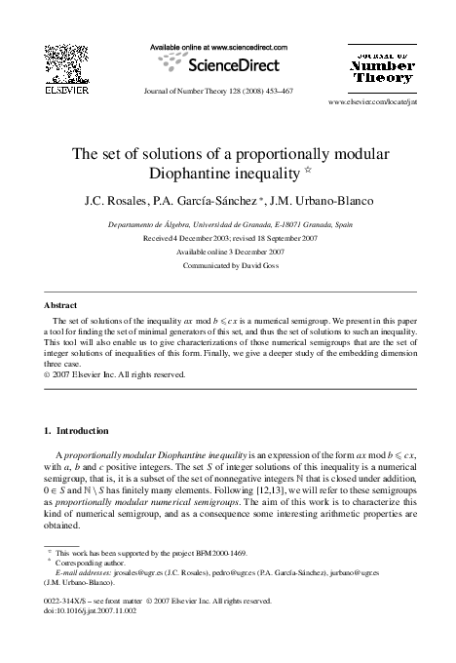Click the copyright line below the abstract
(x=115, y=373)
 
